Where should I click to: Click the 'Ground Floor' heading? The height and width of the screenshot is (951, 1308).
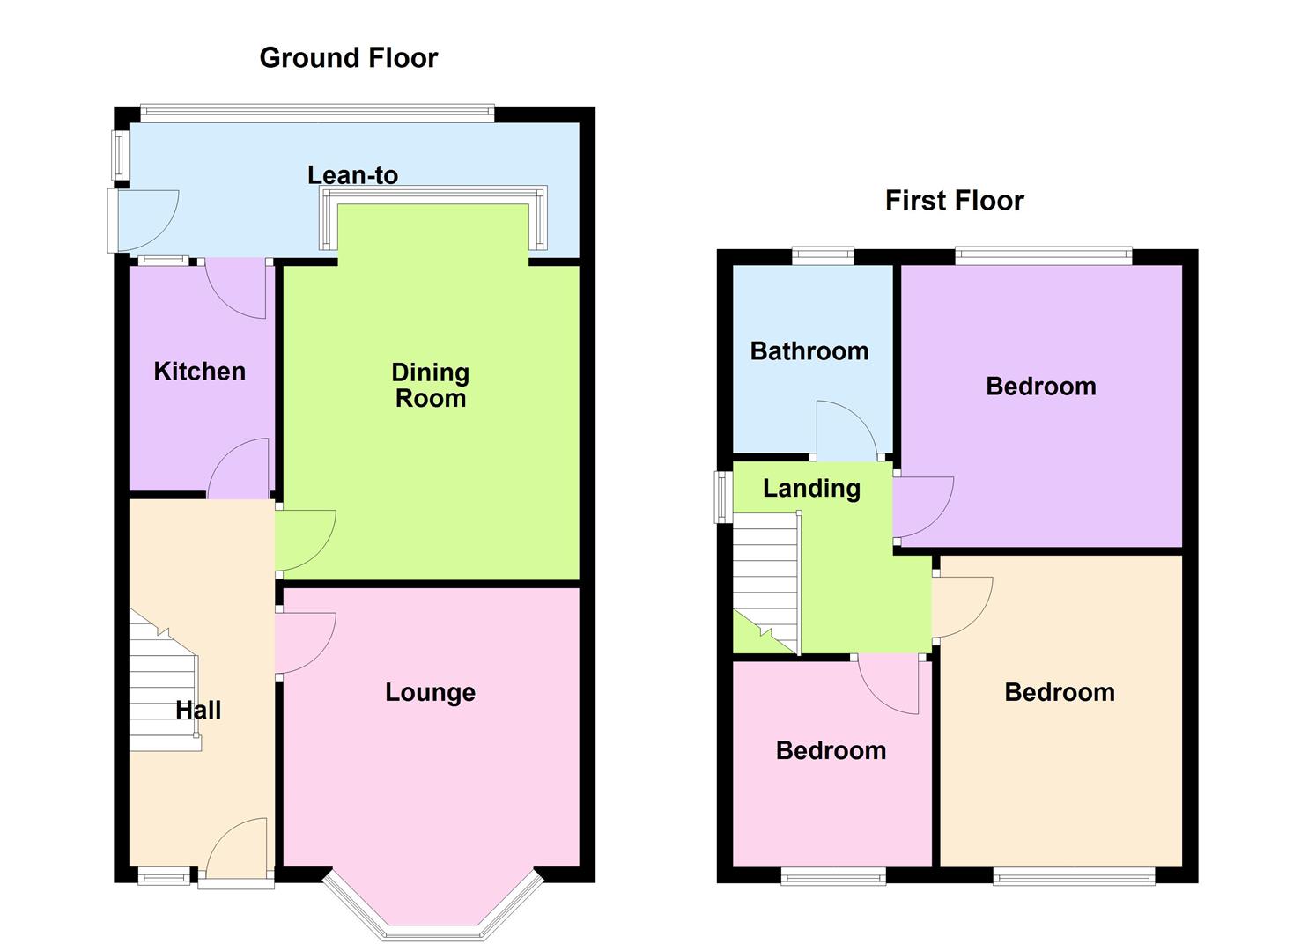(348, 58)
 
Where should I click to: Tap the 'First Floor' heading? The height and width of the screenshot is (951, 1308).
(954, 201)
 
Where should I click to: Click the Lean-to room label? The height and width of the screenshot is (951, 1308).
(352, 174)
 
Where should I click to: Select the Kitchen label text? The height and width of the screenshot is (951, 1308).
(199, 371)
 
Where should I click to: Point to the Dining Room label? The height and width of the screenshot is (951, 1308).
(430, 385)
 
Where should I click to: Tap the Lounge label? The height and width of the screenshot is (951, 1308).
(430, 692)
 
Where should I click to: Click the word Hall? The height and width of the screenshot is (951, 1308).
(198, 710)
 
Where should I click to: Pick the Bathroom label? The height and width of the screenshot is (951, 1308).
(809, 351)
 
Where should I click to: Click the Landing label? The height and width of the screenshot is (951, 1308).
(811, 488)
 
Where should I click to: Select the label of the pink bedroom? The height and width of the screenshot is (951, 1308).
(831, 750)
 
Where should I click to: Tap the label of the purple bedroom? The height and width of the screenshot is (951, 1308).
(1040, 387)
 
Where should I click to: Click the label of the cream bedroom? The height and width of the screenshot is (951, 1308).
(1059, 692)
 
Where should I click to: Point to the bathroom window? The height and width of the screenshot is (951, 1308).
(823, 256)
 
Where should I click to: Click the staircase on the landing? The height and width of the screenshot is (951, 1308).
(766, 581)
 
